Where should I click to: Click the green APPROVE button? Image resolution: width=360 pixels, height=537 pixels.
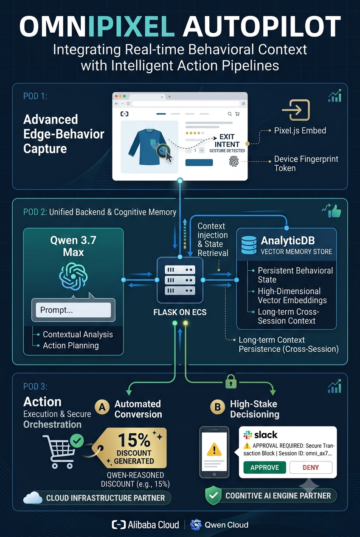click(264, 467)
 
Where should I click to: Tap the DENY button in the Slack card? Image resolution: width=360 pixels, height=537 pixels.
click(311, 467)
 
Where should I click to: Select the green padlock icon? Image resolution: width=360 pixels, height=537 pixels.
click(231, 382)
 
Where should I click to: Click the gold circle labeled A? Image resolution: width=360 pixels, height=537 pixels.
click(102, 407)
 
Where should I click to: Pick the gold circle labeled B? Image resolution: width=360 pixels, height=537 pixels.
click(217, 407)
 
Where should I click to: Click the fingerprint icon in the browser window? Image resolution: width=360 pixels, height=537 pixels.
click(234, 161)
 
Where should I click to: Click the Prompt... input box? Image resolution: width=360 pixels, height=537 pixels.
click(73, 310)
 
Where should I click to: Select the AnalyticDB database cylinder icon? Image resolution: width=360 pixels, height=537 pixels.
click(249, 245)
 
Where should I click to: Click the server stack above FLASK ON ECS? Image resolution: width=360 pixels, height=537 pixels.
click(180, 280)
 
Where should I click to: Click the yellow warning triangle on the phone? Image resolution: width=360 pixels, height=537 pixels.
click(214, 449)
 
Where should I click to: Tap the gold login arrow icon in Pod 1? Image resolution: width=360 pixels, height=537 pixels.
click(296, 110)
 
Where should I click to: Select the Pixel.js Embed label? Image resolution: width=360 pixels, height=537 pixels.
click(300, 131)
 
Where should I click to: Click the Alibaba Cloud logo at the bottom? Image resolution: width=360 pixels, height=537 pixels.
click(145, 525)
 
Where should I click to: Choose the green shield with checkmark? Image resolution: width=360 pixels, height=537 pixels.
click(213, 495)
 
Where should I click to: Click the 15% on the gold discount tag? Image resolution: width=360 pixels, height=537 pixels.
click(134, 440)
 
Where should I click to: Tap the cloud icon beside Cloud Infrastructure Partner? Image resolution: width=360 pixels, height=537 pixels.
click(33, 497)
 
